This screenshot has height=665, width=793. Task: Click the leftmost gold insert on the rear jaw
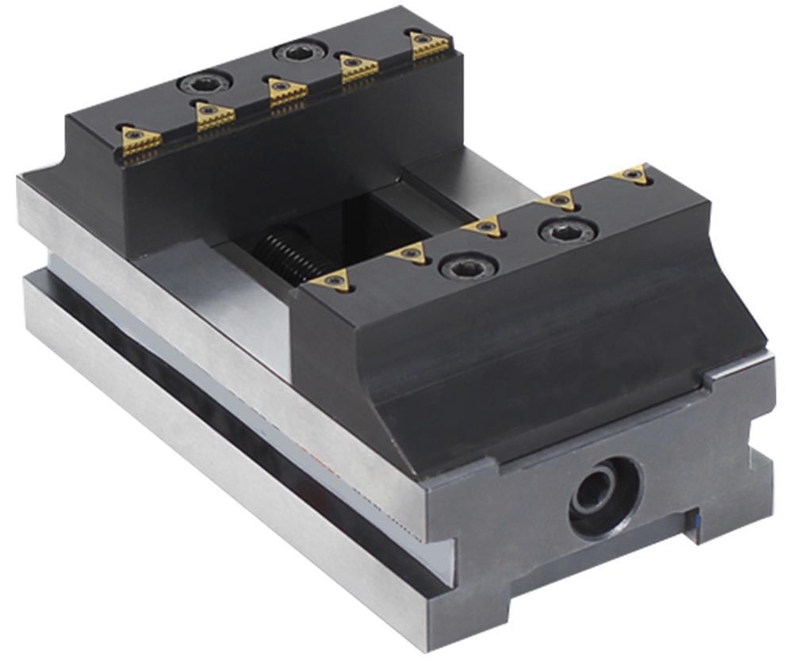(x=141, y=139)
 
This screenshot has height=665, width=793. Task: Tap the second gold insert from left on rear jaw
(x=215, y=116)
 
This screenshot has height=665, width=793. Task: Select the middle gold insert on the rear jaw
(x=287, y=91)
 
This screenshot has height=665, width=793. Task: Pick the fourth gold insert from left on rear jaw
(x=358, y=68)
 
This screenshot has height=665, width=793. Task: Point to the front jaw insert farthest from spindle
(x=632, y=173)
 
